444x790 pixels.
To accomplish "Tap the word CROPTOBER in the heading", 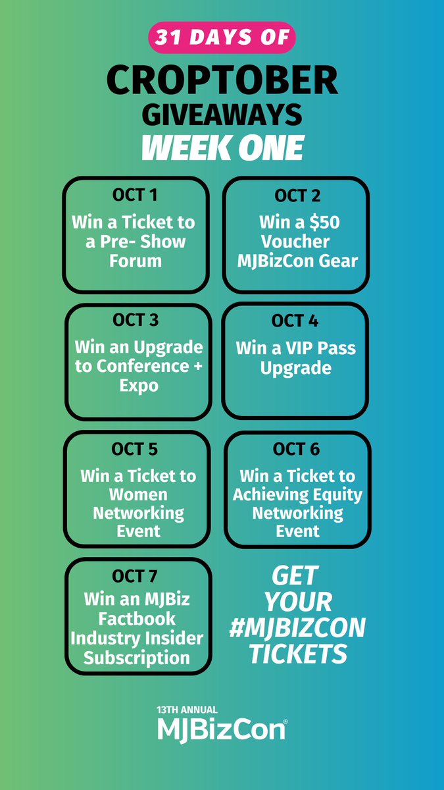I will tap(222, 81).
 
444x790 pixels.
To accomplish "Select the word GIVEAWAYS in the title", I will tap(222, 115).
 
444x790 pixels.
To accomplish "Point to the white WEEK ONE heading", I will tap(222, 147).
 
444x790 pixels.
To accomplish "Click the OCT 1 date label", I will tap(134, 195).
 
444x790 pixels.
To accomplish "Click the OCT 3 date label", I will tap(136, 320).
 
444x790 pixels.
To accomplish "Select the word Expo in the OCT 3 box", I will tap(139, 386).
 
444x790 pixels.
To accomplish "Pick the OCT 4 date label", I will tap(296, 321).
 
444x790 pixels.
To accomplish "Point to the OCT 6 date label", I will tap(297, 449).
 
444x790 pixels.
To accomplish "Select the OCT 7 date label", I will tap(135, 577).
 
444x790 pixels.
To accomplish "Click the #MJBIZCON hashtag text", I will tap(297, 628).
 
